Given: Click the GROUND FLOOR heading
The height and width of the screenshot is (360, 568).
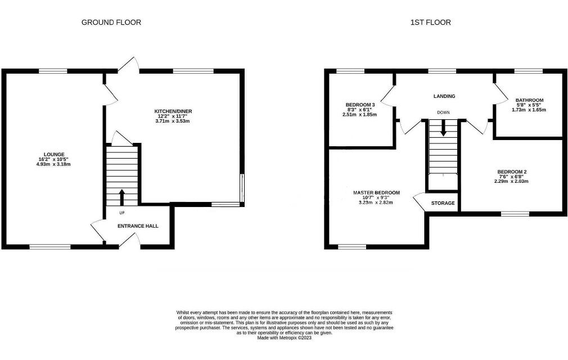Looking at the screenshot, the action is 111,22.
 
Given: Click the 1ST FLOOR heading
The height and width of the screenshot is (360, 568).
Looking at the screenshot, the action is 431,22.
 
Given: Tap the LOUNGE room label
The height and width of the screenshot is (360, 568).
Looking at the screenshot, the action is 54,154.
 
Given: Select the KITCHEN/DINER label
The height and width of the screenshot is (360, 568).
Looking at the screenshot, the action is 173,111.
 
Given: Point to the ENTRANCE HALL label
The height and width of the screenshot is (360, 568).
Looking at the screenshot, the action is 138,226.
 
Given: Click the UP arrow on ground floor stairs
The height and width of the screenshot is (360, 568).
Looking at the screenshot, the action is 121,197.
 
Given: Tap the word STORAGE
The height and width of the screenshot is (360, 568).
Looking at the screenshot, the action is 443,203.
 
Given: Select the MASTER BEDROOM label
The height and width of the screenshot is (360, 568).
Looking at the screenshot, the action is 376,193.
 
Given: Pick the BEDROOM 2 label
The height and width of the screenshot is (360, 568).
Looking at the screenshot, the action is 512,172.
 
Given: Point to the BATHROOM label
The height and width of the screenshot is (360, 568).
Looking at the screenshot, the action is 530,100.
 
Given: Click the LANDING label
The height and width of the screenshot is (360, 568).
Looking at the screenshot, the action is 444,96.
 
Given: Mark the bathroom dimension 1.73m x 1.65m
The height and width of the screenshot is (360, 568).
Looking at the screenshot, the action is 529,110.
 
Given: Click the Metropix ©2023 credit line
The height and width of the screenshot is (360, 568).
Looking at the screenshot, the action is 285,338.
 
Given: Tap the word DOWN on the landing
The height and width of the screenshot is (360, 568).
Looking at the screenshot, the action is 443,112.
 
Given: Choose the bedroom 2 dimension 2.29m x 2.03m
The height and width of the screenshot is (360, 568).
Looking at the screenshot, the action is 511,182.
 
